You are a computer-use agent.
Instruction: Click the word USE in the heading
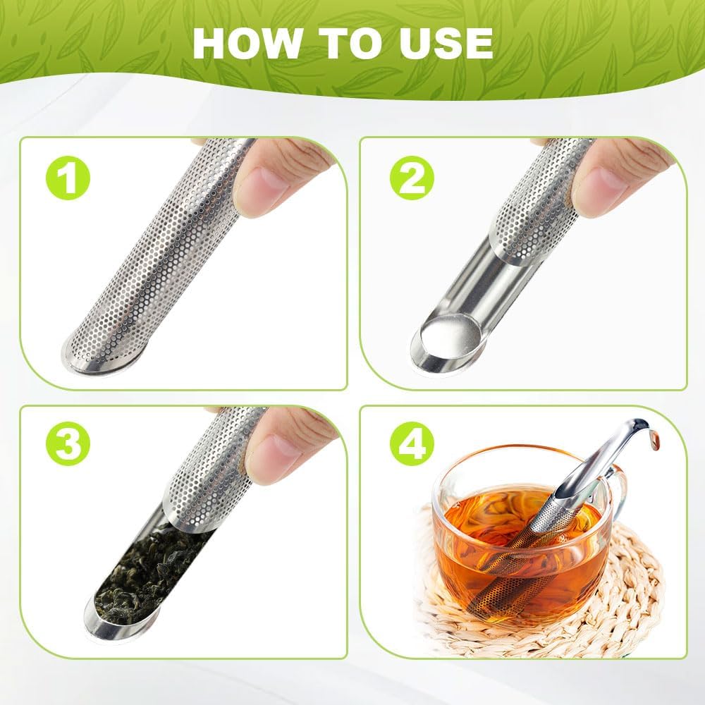pyautogui.click(x=443, y=44)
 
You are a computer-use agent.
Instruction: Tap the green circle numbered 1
pyautogui.click(x=68, y=178)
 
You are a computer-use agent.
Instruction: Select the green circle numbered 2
pyautogui.click(x=411, y=178)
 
